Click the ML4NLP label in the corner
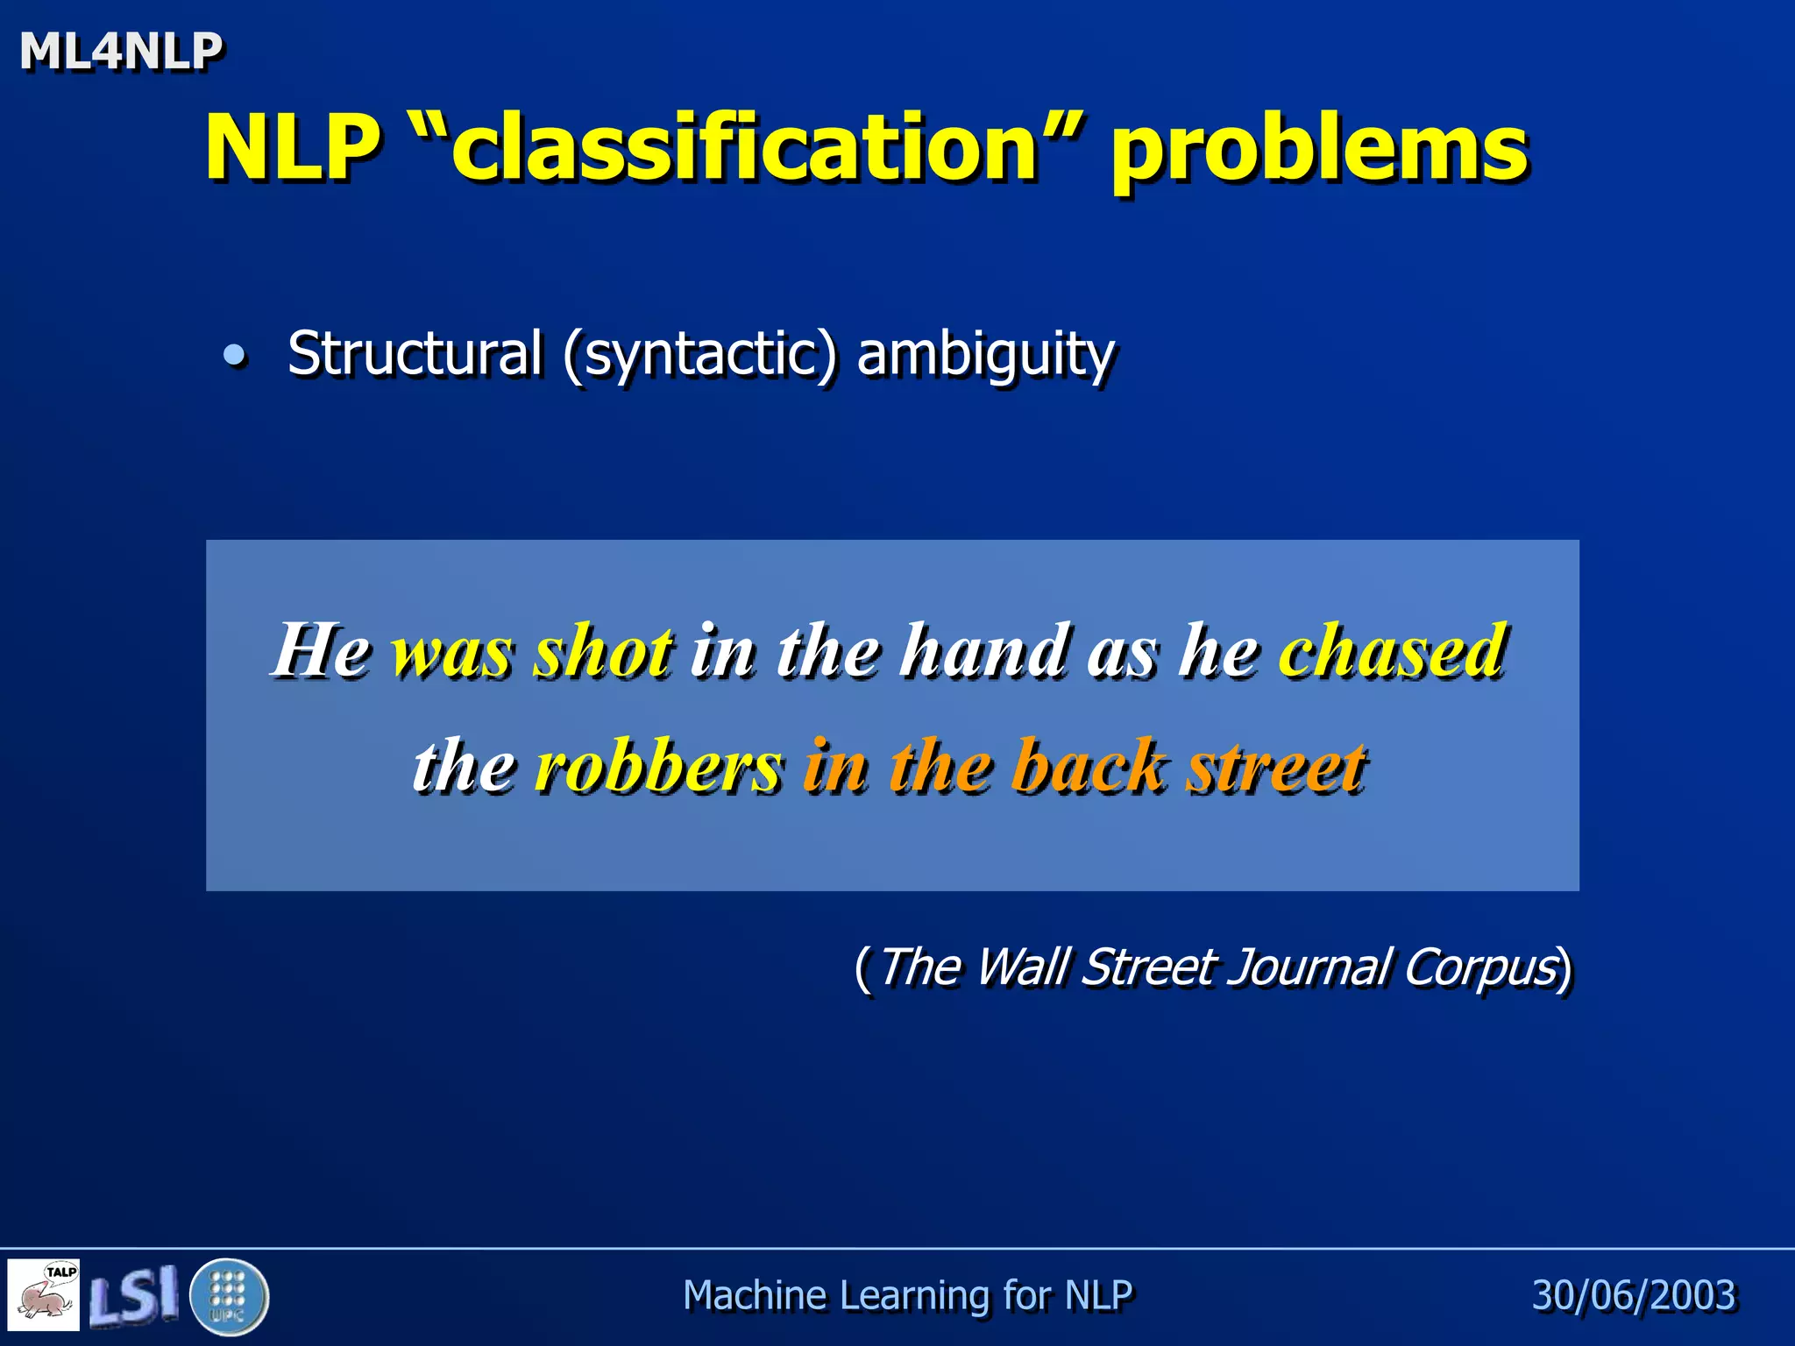[x=121, y=51]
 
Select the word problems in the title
[x=1319, y=149]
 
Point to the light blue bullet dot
[x=234, y=355]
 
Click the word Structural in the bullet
[x=415, y=353]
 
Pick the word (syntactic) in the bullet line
[x=699, y=355]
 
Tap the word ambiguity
[x=985, y=355]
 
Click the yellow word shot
[x=604, y=651]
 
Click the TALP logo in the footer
[x=44, y=1294]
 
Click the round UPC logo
[x=229, y=1295]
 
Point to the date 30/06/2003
[x=1634, y=1295]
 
